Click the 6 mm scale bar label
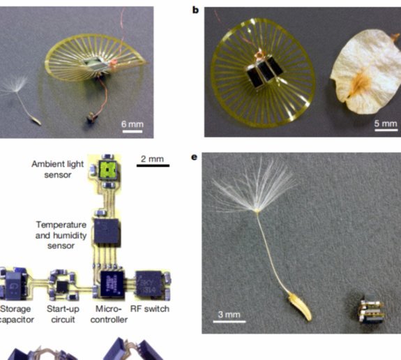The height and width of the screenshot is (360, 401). tap(133, 124)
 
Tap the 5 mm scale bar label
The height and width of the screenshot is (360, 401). tap(386, 123)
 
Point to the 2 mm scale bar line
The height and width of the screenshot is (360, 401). tap(153, 165)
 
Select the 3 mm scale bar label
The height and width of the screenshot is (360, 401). tap(229, 315)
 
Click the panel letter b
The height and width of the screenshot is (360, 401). tap(195, 10)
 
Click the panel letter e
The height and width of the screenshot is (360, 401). tap(195, 156)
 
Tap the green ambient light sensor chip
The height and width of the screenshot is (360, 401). tap(107, 170)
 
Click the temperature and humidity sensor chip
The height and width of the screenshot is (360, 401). tap(107, 232)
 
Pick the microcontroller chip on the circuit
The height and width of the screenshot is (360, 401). tap(112, 284)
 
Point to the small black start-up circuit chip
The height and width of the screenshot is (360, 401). tap(62, 287)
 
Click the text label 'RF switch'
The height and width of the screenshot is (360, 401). tap(150, 309)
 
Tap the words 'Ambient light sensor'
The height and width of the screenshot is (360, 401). tap(58, 170)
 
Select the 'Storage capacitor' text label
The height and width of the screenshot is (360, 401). tap(16, 314)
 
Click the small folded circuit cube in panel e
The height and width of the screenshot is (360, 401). tap(371, 308)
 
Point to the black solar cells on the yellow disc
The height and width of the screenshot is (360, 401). tap(265, 72)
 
